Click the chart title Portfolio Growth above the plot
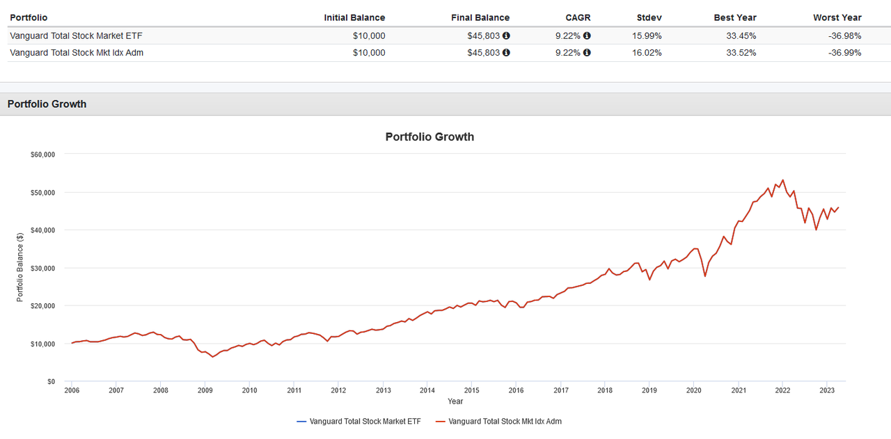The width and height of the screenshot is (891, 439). tap(429, 137)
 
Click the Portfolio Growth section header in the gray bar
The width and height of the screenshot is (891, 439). tap(47, 104)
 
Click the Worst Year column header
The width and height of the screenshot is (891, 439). tap(837, 17)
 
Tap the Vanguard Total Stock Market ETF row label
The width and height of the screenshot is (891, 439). tap(76, 35)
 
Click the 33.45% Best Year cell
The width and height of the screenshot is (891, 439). tap(739, 35)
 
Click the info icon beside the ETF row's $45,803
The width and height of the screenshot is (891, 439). tap(506, 35)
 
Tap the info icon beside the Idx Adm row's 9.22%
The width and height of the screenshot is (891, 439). tap(587, 53)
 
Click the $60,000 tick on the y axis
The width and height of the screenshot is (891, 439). tap(42, 154)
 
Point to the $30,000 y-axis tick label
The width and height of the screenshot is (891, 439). tap(42, 268)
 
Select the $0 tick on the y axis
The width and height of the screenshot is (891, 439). tap(50, 382)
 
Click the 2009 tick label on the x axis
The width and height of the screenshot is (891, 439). tap(205, 391)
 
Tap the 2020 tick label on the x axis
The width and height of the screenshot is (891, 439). tap(693, 391)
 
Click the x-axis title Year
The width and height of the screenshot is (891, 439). tap(455, 401)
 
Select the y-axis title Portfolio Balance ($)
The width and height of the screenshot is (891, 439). tap(20, 268)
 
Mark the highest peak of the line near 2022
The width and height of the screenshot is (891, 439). tap(782, 179)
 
